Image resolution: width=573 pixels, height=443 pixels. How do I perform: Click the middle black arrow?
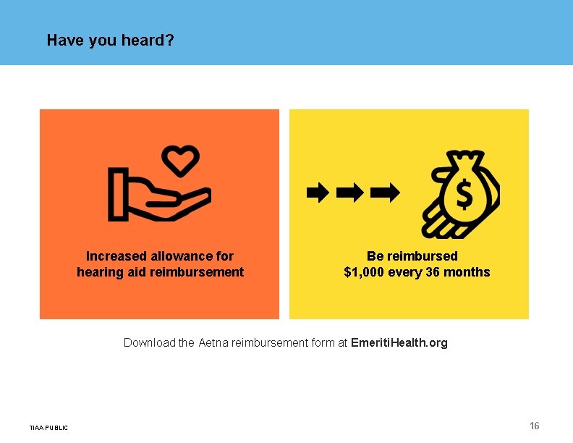[350, 193]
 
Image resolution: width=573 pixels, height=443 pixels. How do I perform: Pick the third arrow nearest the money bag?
[384, 193]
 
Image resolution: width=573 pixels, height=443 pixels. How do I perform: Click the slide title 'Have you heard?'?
[110, 40]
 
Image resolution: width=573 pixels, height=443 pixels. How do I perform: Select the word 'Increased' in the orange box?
[116, 256]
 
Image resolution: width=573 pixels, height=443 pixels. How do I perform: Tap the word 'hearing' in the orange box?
[98, 272]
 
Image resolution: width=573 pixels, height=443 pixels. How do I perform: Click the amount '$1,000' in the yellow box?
[365, 272]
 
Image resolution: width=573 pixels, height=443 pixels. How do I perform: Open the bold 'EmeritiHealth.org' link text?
[399, 342]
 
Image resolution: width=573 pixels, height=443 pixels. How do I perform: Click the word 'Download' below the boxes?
[149, 342]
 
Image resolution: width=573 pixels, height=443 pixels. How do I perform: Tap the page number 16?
[535, 425]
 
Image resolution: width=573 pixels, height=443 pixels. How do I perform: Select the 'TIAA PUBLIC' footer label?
[49, 428]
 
